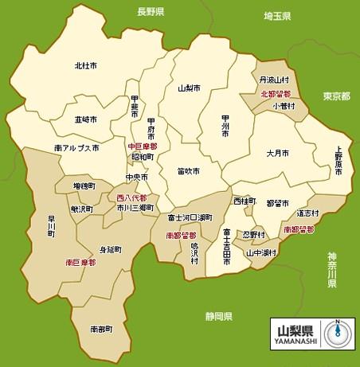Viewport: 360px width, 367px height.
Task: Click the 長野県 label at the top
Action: tap(150, 13)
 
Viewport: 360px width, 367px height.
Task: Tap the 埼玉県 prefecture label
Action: tap(279, 16)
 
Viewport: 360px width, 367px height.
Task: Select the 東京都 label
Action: tap(336, 96)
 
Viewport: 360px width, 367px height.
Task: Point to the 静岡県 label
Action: tap(218, 316)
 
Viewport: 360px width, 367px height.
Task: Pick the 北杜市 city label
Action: tap(86, 65)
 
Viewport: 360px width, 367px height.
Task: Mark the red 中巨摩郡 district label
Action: tap(143, 147)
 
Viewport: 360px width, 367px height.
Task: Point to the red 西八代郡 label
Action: tap(131, 197)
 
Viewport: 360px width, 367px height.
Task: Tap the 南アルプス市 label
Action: tap(77, 148)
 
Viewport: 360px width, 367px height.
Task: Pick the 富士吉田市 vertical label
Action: tap(227, 247)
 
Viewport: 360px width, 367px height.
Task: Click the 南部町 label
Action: tap(101, 328)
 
